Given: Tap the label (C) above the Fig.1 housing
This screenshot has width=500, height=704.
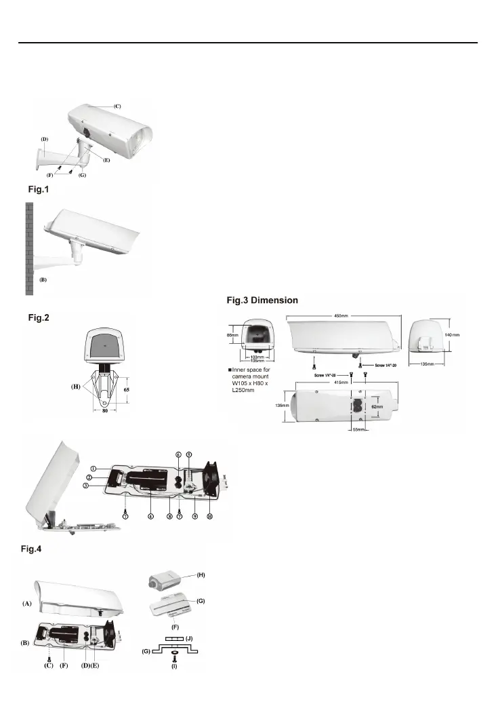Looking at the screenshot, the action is point(117,106).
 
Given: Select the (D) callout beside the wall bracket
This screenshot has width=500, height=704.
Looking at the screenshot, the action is point(44,139).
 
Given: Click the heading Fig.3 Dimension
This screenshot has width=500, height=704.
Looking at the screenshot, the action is point(262,300).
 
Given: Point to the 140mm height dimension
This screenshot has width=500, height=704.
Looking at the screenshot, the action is point(452,335).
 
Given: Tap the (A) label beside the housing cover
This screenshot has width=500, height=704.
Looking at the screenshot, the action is point(27,603).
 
